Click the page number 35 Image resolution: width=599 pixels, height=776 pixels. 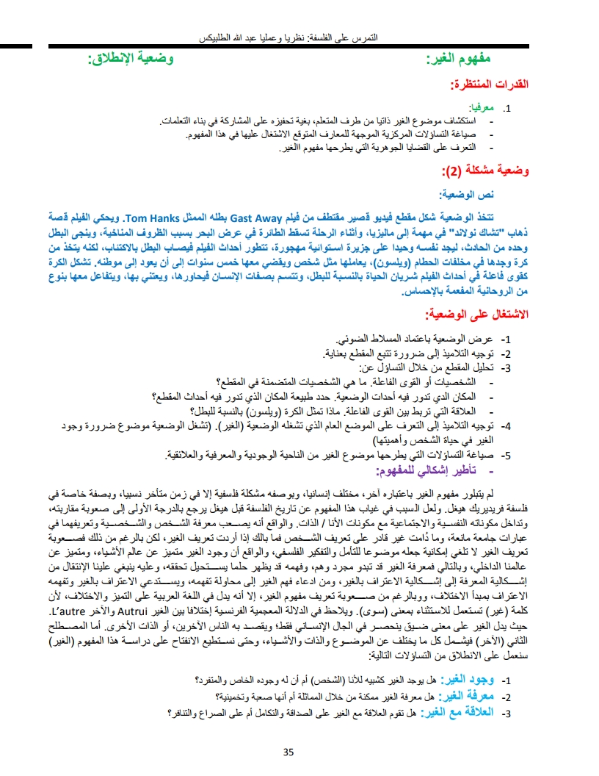pyautogui.click(x=288, y=751)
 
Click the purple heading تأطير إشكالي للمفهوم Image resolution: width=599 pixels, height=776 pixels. pyautogui.click(x=438, y=470)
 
